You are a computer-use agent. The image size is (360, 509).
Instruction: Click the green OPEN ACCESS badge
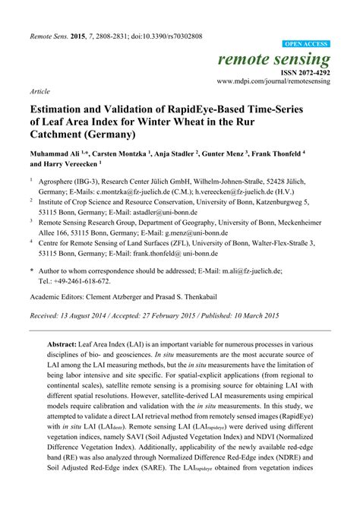pos(306,45)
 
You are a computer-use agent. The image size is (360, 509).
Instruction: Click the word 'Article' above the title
pos(39,90)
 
